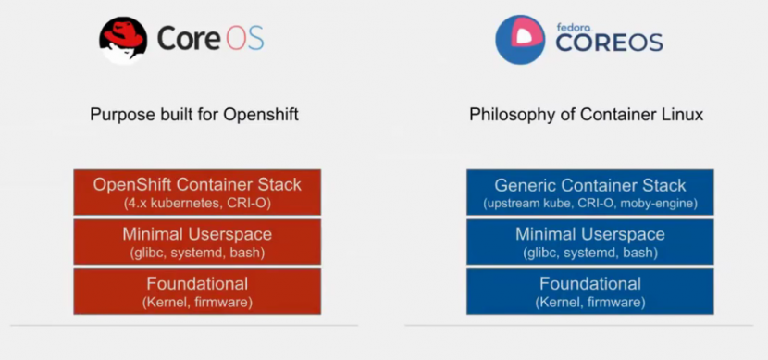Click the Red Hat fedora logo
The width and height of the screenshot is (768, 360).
coord(123,40)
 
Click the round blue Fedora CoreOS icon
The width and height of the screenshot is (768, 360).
coord(520,39)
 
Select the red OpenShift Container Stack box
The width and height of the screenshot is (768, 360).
coord(197,192)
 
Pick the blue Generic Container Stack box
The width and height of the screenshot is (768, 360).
coord(590,192)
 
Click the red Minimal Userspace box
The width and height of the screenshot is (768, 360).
coord(197,242)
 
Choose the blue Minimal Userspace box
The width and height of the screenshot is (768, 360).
coord(590,242)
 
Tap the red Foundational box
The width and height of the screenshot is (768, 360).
coord(197,291)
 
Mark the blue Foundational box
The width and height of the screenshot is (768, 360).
coord(590,291)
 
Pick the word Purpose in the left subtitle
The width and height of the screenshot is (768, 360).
coord(120,115)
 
